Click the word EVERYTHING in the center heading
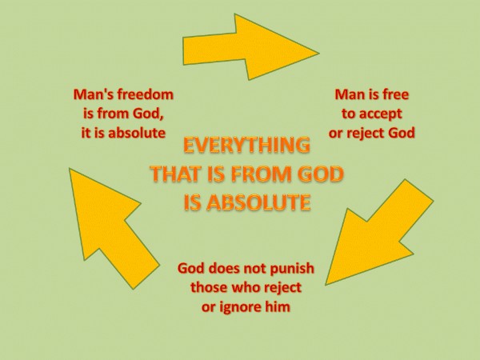click(246, 145)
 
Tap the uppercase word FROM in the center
click(262, 174)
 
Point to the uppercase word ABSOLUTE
click(259, 202)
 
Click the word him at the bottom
click(278, 306)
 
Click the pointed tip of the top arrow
click(319, 53)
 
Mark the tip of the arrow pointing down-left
click(326, 285)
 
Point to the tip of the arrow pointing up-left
click(70, 169)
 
